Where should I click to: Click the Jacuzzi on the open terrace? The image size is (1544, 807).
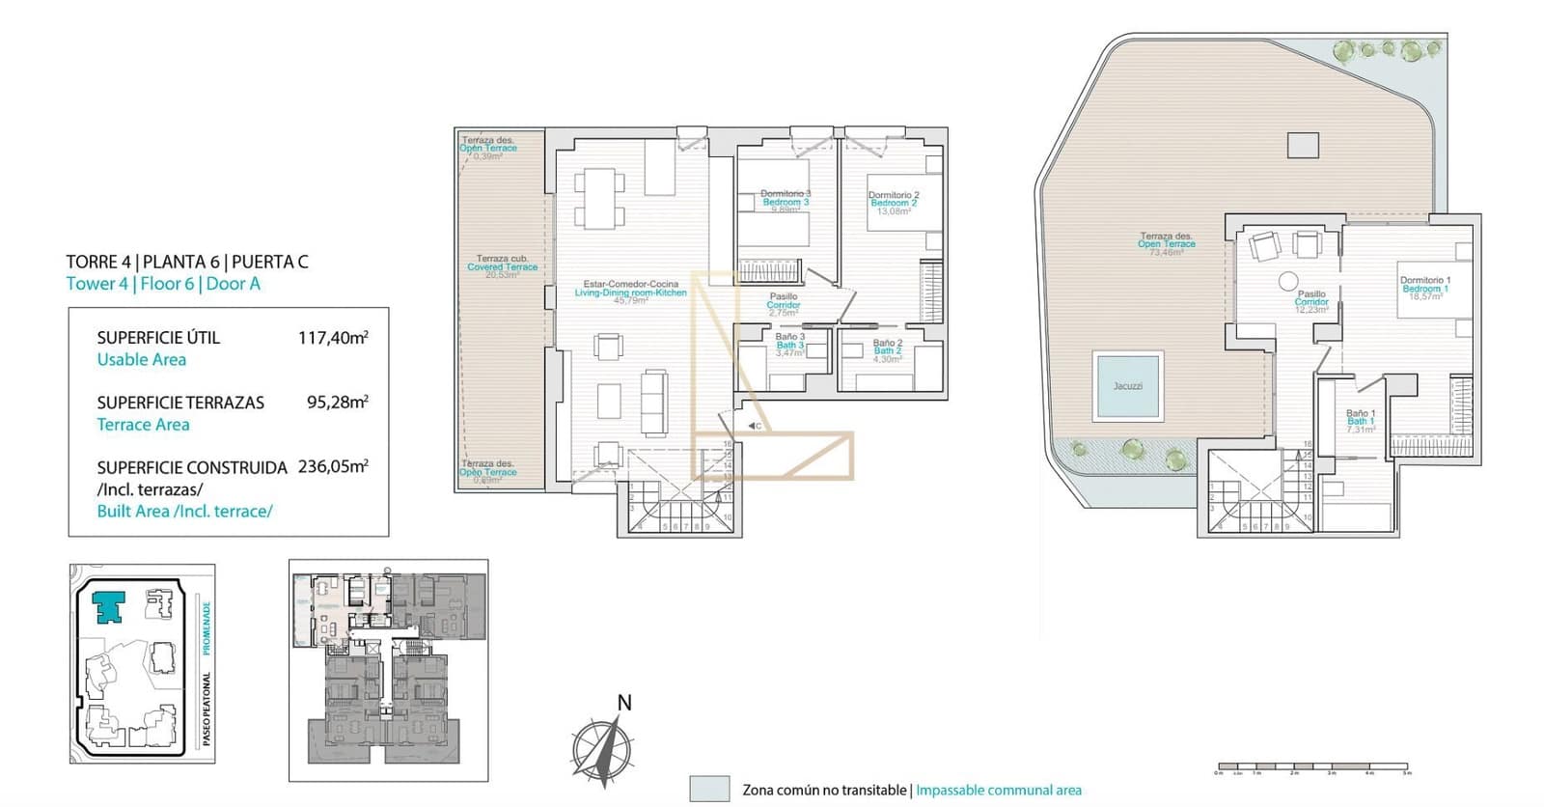click(1127, 386)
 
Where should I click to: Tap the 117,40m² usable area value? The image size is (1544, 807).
click(333, 338)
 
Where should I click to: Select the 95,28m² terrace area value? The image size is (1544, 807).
click(337, 402)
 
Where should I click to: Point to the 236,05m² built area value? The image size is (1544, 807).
click(333, 466)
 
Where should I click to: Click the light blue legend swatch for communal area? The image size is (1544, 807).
click(709, 789)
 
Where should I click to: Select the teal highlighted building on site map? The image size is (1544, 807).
click(109, 607)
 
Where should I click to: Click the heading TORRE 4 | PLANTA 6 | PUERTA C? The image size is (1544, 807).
click(187, 262)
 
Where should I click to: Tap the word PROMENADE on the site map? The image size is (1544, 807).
click(207, 627)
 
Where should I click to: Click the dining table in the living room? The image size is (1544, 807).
click(599, 198)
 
